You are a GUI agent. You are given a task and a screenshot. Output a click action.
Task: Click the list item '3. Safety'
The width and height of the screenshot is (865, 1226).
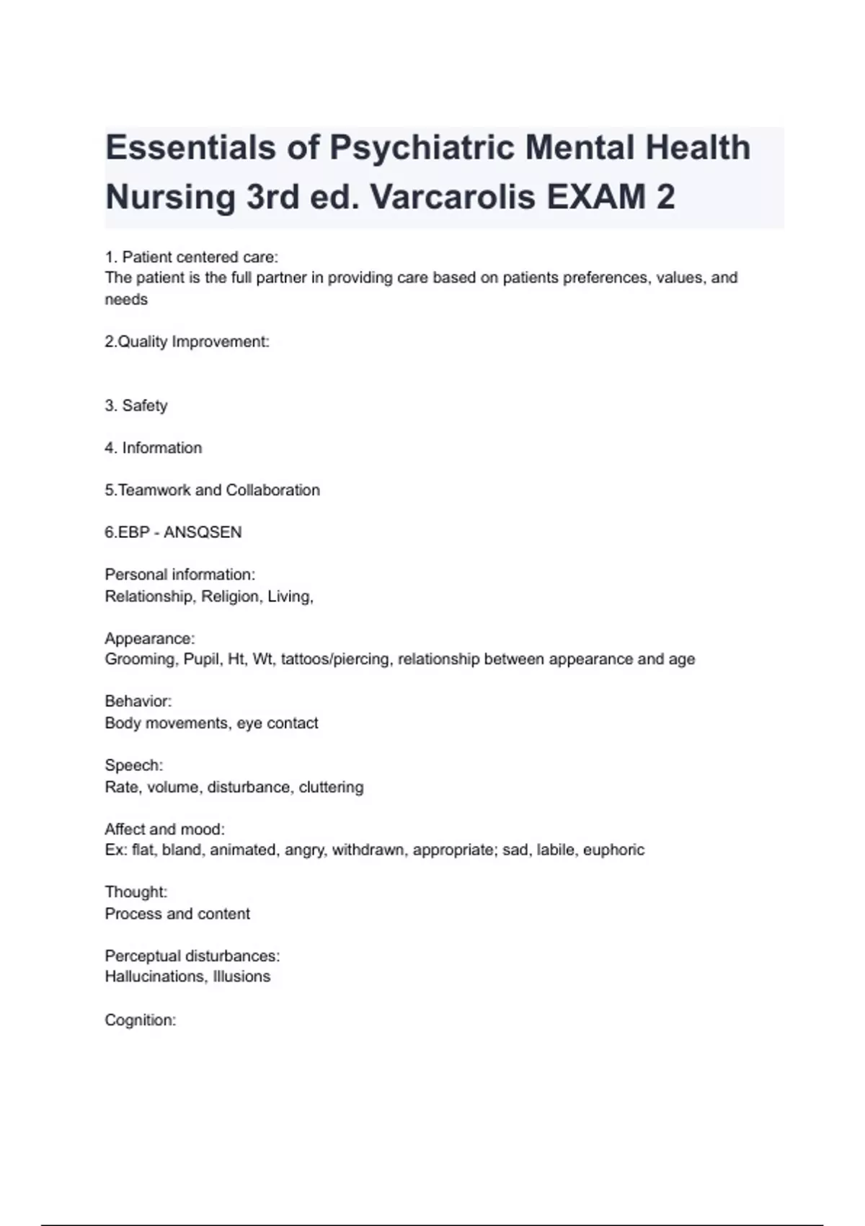click(x=136, y=405)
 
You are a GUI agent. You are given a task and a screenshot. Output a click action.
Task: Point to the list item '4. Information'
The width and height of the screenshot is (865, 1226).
click(x=154, y=448)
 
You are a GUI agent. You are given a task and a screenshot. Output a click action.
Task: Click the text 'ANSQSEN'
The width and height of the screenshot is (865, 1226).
click(x=203, y=532)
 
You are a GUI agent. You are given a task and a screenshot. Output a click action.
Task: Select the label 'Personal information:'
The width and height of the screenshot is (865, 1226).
click(x=180, y=575)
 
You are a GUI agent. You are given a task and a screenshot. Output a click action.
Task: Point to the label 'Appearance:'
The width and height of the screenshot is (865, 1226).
click(x=150, y=638)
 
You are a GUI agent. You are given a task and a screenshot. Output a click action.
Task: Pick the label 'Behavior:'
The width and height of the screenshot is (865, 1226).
click(x=138, y=702)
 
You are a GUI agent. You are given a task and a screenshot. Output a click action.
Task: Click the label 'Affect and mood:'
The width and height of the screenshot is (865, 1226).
click(x=165, y=829)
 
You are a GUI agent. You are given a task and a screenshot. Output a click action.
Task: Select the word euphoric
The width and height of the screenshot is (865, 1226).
click(x=613, y=850)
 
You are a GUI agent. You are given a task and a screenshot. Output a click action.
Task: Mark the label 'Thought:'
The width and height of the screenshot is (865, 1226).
click(x=136, y=892)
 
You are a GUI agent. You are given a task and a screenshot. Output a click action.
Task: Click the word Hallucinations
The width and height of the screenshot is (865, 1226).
click(x=154, y=976)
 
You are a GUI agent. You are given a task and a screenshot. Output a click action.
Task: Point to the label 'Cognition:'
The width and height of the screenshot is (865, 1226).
click(x=141, y=1020)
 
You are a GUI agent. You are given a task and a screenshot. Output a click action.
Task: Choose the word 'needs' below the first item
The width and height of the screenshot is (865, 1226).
click(x=126, y=299)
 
